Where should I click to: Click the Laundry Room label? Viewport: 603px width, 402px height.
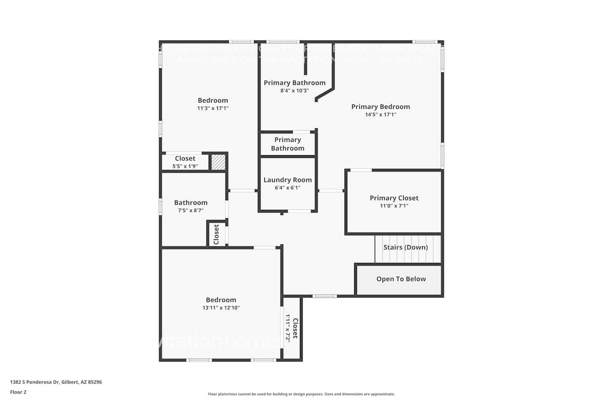pos(287,180)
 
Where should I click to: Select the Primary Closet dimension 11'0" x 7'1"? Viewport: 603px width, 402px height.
pos(394,206)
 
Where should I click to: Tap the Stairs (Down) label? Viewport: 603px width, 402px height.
pos(405,247)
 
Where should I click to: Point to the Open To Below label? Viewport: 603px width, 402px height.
pos(401,279)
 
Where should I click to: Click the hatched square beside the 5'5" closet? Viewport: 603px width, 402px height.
pos(218,162)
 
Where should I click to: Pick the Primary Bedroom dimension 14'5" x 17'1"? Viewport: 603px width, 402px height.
pos(380,115)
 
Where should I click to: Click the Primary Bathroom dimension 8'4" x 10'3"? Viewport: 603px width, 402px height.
pos(294,91)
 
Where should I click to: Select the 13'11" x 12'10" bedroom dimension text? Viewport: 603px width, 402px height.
pos(221,308)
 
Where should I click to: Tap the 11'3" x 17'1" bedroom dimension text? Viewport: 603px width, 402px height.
pos(213,108)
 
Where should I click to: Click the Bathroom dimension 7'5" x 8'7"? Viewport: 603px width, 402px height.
pos(191,210)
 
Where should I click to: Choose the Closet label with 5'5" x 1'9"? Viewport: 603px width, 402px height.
pos(185,159)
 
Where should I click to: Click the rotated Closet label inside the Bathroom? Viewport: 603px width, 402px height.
pos(216,234)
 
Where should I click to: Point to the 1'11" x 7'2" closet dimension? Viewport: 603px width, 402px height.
pos(288,328)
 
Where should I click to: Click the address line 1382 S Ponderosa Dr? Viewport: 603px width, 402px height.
pos(56,382)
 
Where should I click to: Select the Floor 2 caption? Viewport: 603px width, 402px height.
pos(18,392)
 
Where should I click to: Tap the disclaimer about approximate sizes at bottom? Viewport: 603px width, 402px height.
pos(301,394)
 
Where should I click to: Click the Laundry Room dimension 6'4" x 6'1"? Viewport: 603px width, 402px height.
pos(287,188)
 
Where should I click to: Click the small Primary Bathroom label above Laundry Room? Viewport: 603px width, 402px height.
pos(287,144)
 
